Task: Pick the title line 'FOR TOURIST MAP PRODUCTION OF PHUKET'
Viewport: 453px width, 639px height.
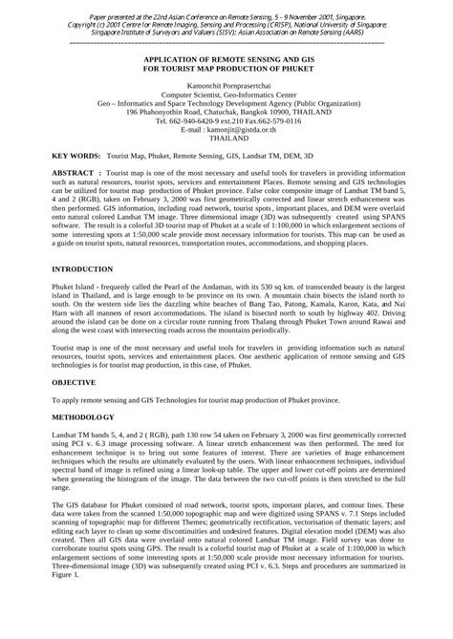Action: (226, 68)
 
